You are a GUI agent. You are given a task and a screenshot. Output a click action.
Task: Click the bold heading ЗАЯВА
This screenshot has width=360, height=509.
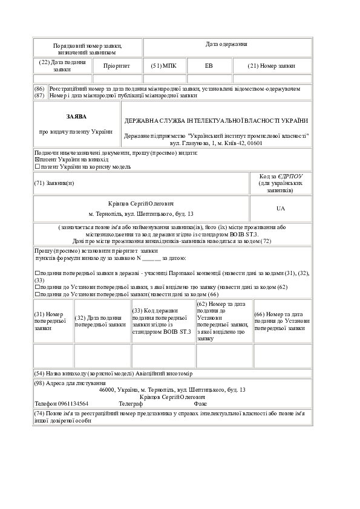tap(76, 117)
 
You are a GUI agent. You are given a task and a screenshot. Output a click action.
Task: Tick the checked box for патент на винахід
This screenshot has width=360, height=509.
tap(37, 160)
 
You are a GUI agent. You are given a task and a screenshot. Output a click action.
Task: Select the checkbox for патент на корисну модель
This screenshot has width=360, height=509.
tap(37, 166)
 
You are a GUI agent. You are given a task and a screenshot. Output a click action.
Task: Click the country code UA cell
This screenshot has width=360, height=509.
tap(281, 209)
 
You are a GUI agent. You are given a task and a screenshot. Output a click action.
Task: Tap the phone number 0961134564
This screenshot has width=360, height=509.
tap(73, 404)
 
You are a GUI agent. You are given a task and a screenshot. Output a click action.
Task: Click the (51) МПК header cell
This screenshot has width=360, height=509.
tap(164, 66)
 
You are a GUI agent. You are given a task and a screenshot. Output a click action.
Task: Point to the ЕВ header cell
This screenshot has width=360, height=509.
tap(209, 66)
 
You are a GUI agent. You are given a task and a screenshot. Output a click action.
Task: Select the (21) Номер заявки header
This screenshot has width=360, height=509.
tap(271, 66)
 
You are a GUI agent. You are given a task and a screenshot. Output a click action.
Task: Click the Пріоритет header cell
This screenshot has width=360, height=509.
tap(117, 66)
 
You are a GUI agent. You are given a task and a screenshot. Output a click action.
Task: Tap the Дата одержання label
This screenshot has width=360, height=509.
tap(226, 44)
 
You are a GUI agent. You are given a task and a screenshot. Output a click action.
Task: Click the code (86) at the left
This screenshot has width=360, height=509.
tap(39, 89)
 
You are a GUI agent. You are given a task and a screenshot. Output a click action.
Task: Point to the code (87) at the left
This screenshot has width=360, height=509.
tap(39, 96)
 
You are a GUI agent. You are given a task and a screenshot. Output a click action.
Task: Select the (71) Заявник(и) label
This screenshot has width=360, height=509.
tap(54, 183)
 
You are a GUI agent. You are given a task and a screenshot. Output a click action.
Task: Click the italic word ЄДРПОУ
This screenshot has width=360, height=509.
tap(290, 177)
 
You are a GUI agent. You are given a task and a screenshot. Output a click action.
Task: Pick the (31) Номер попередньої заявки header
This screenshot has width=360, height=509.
tap(50, 321)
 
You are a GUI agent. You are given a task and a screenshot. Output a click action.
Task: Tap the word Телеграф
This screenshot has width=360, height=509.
tap(131, 404)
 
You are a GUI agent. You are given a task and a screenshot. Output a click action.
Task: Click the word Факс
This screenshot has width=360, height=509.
tap(200, 404)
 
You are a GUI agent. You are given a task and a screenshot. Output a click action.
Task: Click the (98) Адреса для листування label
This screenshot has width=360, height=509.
tap(70, 383)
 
